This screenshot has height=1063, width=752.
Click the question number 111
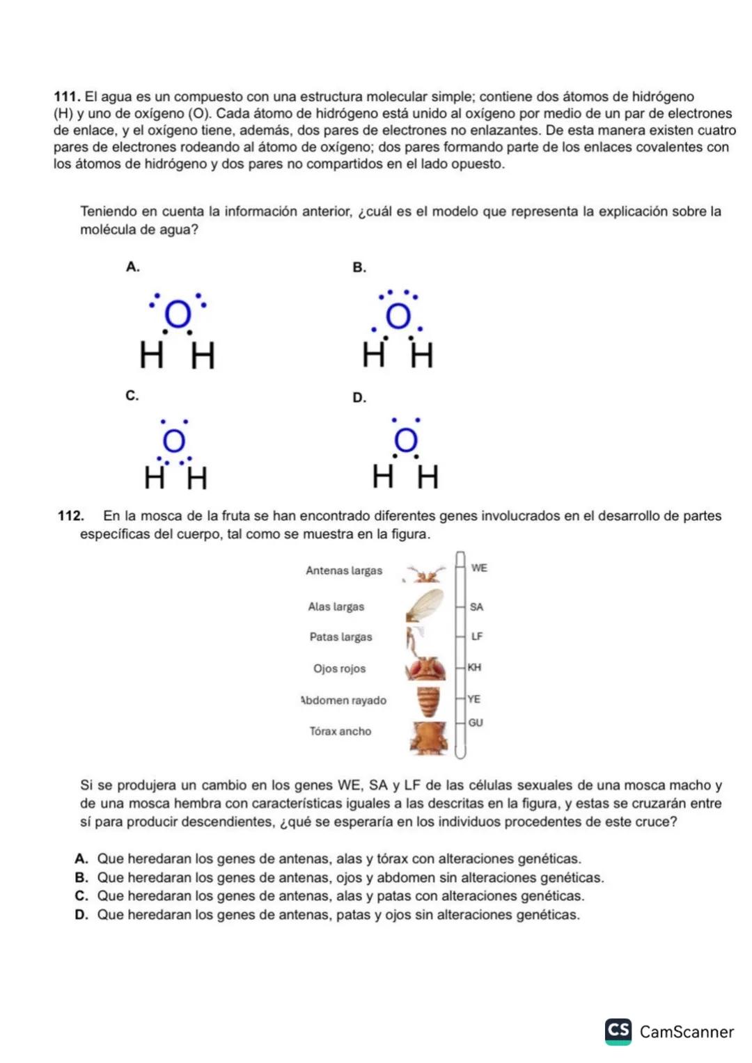pos(68,97)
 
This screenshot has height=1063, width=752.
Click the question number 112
pos(70,516)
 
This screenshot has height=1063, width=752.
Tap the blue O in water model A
pos(178,315)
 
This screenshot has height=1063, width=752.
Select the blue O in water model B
pos(399,317)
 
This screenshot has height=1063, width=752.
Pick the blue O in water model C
pos(173,440)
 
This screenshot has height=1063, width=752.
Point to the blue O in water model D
pos(406,440)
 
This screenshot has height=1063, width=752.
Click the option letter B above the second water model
pos(359,268)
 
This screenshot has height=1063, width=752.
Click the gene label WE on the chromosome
pos(479,568)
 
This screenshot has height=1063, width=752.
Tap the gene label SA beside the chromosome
pos(476,607)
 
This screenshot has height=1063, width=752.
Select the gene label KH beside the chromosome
pos(474,668)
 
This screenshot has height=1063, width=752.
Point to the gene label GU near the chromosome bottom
pos(476,724)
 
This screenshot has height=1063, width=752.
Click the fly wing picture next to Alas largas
pos(425,605)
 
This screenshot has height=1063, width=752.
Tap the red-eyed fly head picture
pos(426,669)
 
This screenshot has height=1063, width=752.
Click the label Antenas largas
pos(344,571)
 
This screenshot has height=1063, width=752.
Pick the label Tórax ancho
pos(340,732)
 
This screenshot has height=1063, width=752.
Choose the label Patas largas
pos(340,637)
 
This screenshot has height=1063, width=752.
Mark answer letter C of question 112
pos(81,897)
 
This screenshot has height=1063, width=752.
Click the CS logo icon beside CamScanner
pos(618,1031)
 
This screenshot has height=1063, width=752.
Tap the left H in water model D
pos(382,477)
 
